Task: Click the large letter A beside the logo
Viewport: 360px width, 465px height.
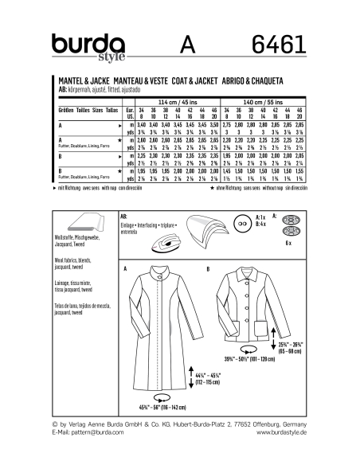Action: point(184,43)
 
